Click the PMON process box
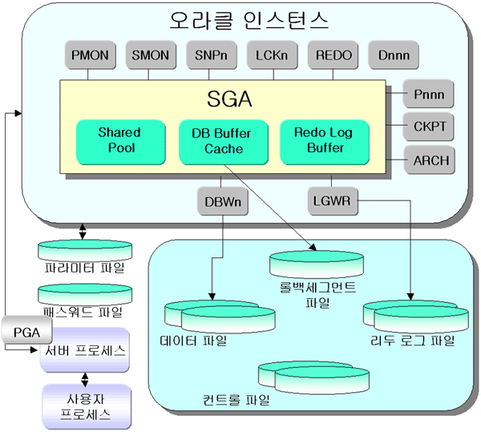click(91, 57)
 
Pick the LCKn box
click(271, 57)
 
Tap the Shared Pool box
click(119, 140)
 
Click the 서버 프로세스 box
click(83, 349)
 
